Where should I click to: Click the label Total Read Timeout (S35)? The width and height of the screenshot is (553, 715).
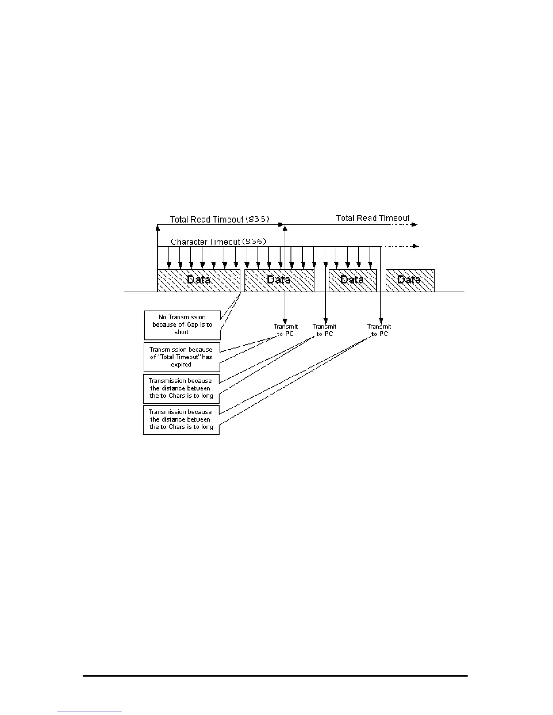click(219, 219)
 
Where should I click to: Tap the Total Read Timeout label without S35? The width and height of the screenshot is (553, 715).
click(373, 218)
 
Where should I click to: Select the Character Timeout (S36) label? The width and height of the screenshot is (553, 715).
click(218, 242)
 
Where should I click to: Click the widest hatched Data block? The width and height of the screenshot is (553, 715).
click(198, 280)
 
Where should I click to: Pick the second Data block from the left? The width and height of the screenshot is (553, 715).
click(279, 280)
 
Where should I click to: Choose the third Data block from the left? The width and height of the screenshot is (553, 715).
click(352, 280)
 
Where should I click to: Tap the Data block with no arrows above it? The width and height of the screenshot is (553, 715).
click(410, 280)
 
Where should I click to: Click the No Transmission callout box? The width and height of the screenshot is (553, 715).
click(182, 325)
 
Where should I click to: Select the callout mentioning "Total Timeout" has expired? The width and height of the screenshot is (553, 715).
click(181, 357)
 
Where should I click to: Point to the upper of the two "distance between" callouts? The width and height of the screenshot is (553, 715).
click(181, 388)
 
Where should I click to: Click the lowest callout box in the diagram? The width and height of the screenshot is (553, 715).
click(181, 419)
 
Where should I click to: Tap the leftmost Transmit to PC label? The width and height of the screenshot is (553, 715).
click(286, 330)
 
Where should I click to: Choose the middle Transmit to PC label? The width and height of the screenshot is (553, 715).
click(324, 330)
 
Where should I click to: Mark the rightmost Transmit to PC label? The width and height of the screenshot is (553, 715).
click(380, 330)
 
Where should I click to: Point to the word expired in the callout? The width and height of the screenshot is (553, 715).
click(181, 365)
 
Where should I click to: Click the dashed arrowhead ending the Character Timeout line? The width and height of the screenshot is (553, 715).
click(416, 246)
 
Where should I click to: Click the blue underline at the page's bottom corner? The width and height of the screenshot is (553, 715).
click(89, 711)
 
